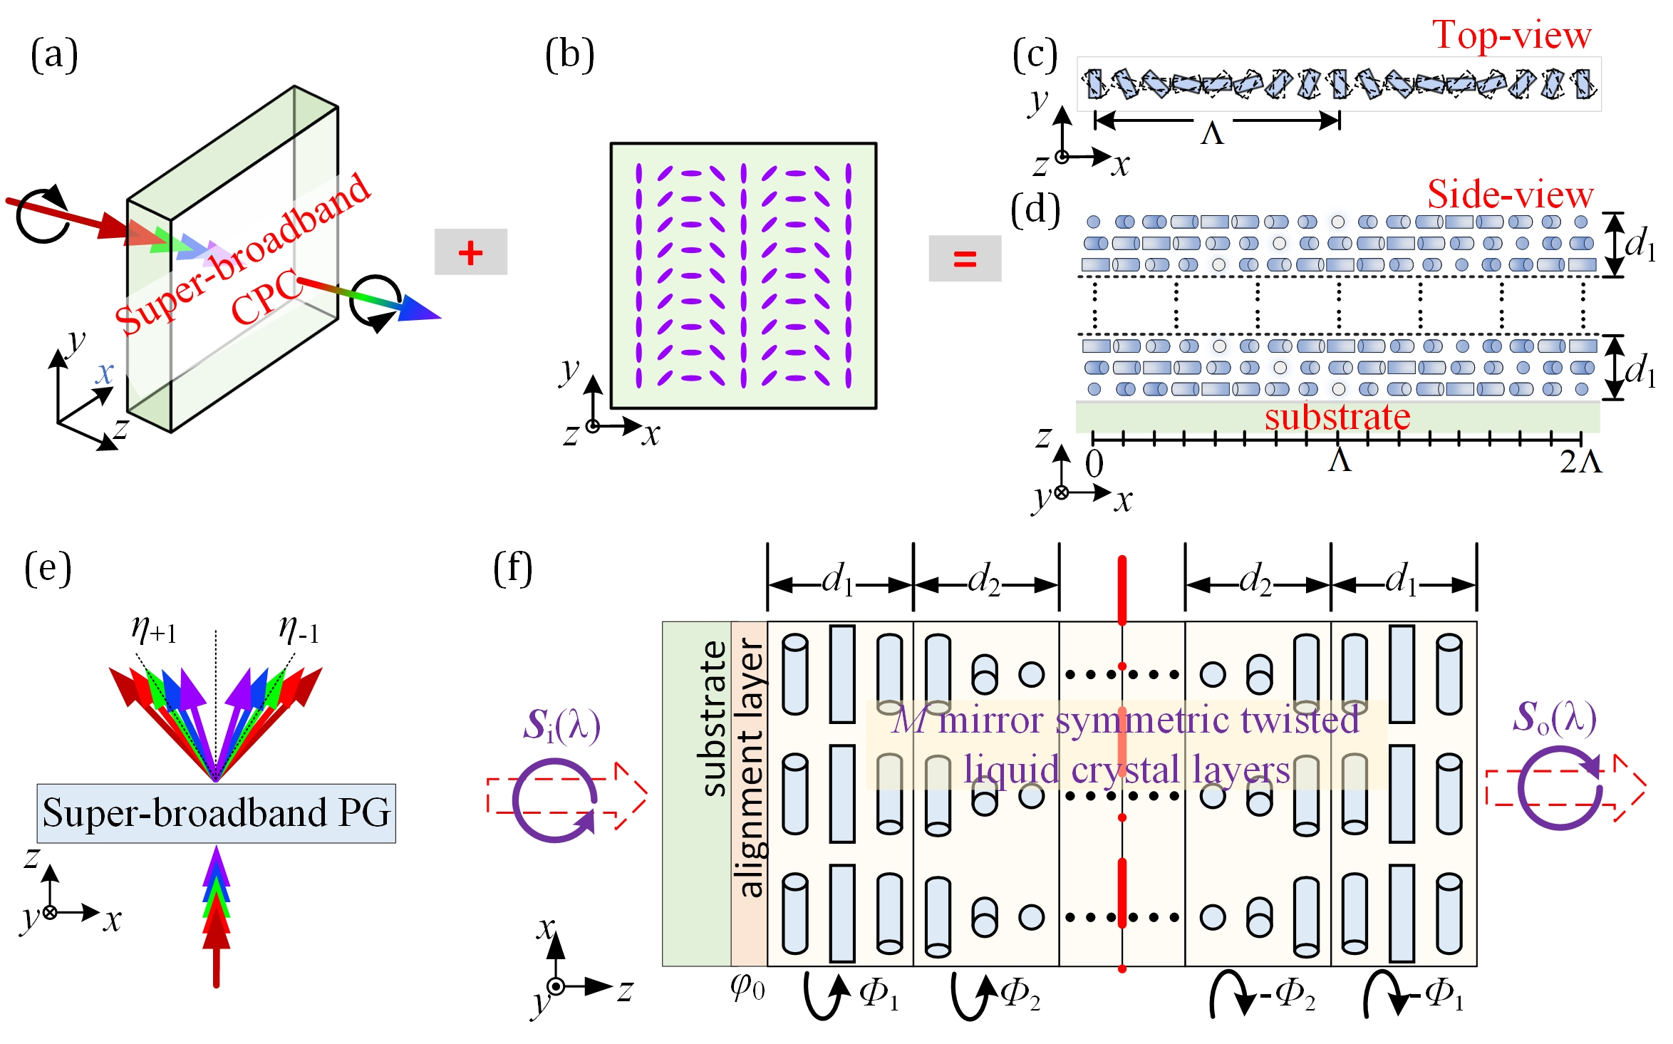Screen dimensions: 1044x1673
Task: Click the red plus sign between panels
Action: [x=470, y=252]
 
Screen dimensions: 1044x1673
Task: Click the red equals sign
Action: [x=965, y=258]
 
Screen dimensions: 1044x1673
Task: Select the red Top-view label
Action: [x=1512, y=36]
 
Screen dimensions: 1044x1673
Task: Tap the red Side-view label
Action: [x=1510, y=195]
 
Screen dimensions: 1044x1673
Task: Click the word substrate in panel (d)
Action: [x=1337, y=417]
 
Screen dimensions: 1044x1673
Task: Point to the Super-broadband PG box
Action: [x=216, y=813]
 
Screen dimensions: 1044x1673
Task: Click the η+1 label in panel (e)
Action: [x=154, y=630]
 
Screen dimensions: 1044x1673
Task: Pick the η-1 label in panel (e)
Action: [x=299, y=630]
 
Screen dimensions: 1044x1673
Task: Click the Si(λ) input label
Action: [x=561, y=725]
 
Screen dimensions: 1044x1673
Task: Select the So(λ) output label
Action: [x=1554, y=717]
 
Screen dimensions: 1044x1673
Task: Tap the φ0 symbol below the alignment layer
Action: [x=747, y=988]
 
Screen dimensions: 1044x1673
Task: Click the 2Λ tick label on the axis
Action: [x=1580, y=462]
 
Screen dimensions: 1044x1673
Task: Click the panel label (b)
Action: [x=569, y=55]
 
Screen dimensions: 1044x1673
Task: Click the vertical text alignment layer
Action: [x=750, y=766]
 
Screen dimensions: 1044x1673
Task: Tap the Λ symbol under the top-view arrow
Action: [x=1212, y=133]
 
